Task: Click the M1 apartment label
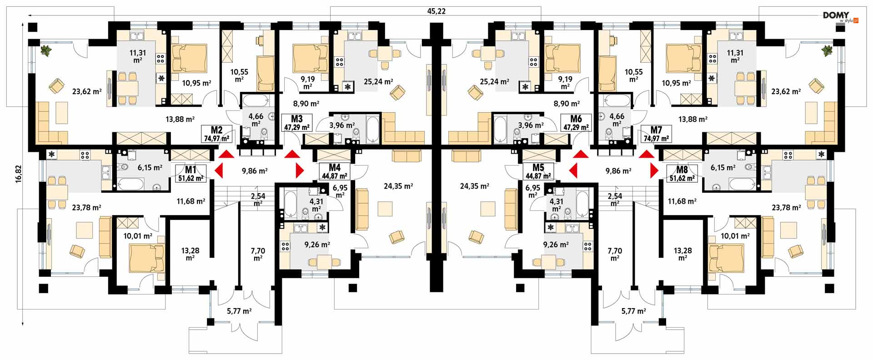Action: (x=191, y=170)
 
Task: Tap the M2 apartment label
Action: (x=216, y=130)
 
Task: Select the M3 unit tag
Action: (x=296, y=119)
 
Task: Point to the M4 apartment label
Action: (x=335, y=168)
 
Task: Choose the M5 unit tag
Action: (x=538, y=168)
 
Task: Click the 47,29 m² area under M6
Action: (x=576, y=128)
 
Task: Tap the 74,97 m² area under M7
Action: (x=656, y=139)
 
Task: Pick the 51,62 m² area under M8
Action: (x=682, y=178)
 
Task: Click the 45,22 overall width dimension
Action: (x=436, y=11)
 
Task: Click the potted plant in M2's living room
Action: (x=46, y=50)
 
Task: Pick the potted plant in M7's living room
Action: (x=827, y=50)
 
